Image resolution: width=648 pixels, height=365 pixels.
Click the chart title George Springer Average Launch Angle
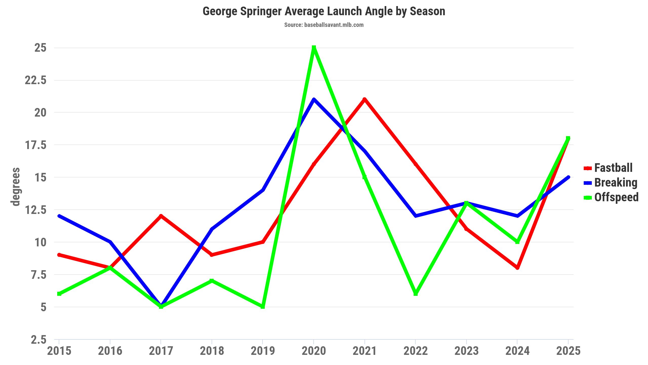324,11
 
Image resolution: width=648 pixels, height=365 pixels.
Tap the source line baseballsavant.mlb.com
324,25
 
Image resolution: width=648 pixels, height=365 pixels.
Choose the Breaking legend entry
615,183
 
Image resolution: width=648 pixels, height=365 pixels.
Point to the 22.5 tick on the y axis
36,80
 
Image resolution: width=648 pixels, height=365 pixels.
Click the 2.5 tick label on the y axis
39,340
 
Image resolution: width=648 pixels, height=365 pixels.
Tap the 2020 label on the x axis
314,351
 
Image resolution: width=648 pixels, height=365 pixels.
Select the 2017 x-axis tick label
161,351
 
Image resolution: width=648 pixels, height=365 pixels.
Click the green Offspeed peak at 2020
314,48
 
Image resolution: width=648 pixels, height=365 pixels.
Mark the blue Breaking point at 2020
314,100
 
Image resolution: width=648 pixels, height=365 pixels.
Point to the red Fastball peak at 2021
364,100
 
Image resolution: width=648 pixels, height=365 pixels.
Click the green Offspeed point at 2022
416,294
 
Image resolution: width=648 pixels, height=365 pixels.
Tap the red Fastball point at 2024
517,268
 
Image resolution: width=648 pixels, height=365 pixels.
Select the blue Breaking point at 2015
59,216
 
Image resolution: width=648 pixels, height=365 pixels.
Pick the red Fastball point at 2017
161,216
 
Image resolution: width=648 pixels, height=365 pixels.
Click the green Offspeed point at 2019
263,307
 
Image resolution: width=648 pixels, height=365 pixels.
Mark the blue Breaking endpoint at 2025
568,177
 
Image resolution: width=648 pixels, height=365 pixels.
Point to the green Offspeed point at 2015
59,294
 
